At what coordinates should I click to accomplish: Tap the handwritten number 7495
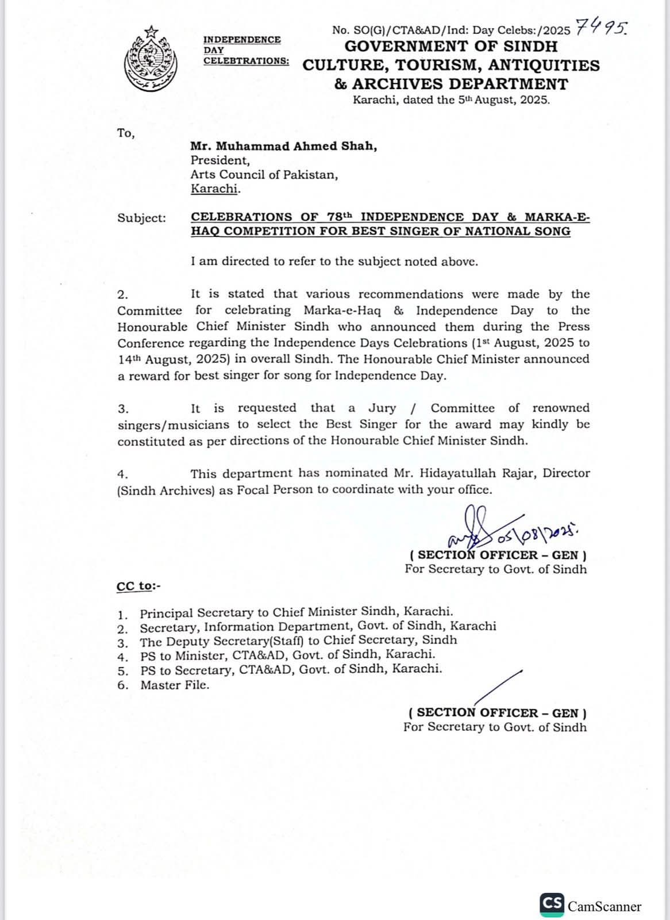[601, 27]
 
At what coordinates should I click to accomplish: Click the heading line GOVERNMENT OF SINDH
[451, 46]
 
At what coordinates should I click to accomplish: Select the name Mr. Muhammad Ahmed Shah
[284, 146]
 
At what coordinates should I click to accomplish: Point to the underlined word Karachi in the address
[215, 189]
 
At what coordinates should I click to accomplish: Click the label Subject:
[141, 218]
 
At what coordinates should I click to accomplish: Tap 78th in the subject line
[339, 217]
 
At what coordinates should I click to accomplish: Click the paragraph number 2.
[122, 295]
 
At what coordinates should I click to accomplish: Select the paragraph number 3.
[122, 409]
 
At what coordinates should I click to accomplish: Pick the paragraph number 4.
[122, 474]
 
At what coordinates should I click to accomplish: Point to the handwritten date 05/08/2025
[538, 535]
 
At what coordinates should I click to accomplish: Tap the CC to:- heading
[138, 586]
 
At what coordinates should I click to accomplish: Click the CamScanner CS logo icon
[552, 904]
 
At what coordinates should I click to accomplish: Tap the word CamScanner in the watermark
[604, 907]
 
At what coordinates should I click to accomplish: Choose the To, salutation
[126, 133]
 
